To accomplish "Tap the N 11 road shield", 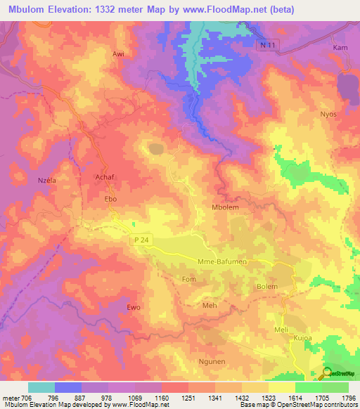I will pyautogui.click(x=263, y=44).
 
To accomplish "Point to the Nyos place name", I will pyautogui.click(x=328, y=114).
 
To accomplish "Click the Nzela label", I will pyautogui.click(x=46, y=180).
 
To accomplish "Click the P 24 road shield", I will pyautogui.click(x=139, y=240).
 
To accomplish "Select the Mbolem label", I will pyautogui.click(x=225, y=208).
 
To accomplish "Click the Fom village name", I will pyautogui.click(x=188, y=279).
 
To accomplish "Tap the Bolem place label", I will pyautogui.click(x=266, y=287).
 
